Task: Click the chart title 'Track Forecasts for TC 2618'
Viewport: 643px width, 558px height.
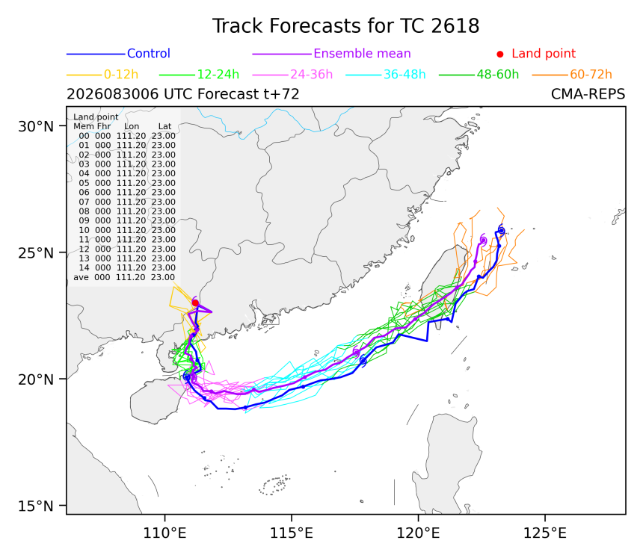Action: click(345, 26)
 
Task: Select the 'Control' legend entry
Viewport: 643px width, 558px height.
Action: click(149, 53)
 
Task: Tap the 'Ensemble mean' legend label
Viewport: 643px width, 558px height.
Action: click(362, 53)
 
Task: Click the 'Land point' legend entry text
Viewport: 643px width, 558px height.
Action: click(544, 53)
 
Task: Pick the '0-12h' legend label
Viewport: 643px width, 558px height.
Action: click(121, 75)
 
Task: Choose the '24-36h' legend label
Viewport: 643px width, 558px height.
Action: click(311, 75)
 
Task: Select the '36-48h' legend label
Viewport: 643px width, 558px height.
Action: click(404, 75)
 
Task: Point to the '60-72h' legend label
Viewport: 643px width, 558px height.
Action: click(591, 75)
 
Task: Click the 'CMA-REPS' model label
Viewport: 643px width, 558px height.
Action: click(588, 94)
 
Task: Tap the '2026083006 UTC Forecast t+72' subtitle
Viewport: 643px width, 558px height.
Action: click(183, 94)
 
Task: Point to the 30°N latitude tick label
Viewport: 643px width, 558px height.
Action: click(36, 126)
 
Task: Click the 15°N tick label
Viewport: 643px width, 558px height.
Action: click(36, 506)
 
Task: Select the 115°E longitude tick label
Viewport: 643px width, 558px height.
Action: click(291, 533)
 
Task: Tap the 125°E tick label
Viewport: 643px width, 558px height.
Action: click(544, 533)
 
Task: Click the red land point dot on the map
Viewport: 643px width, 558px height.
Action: click(195, 303)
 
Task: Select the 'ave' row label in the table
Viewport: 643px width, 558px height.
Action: click(81, 277)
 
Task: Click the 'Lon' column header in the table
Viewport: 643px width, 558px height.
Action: click(132, 126)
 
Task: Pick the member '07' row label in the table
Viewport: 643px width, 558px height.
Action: click(84, 202)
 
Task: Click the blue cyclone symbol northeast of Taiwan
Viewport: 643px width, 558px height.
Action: click(501, 231)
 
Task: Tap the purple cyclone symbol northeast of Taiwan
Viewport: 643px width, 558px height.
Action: click(483, 241)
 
